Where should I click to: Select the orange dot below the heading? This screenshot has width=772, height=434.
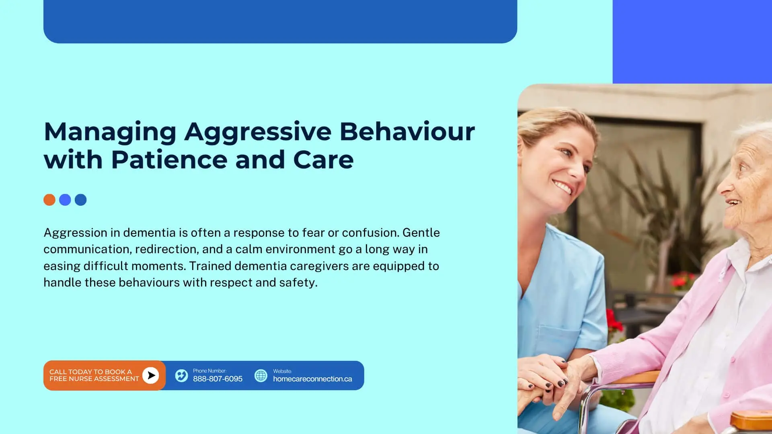49,200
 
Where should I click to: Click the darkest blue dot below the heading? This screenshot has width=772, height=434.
81,200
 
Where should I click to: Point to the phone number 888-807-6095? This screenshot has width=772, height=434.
218,379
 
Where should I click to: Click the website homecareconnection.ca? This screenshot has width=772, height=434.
312,379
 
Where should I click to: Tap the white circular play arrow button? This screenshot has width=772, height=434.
151,375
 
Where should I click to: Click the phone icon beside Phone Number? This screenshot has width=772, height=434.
181,376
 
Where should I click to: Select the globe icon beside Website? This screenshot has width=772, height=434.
261,376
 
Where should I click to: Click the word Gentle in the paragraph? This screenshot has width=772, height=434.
421,233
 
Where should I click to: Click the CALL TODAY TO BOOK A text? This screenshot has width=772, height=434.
90,372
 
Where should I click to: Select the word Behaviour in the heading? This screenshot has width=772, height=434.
407,131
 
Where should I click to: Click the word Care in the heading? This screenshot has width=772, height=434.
324,160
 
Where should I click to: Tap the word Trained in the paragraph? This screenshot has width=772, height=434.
210,266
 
